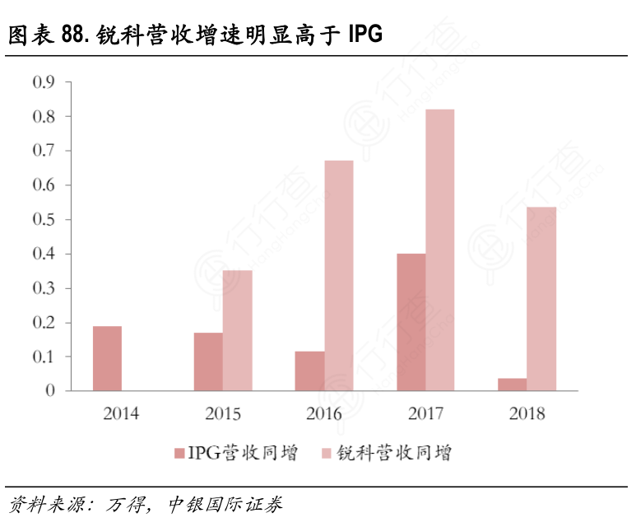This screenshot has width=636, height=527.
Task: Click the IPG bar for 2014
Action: (x=107, y=358)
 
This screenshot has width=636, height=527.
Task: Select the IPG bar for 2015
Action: (x=208, y=361)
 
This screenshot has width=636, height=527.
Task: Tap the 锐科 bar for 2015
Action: (x=238, y=330)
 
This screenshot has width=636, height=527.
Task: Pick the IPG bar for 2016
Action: (x=309, y=371)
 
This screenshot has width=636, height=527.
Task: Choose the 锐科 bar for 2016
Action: (x=338, y=275)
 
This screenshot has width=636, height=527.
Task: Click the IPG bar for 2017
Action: (x=411, y=322)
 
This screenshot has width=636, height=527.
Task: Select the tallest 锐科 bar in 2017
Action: (x=440, y=250)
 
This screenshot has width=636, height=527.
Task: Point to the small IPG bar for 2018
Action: (x=513, y=385)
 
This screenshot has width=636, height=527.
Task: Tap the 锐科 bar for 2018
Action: (x=541, y=298)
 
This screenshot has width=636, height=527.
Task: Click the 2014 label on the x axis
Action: (x=121, y=413)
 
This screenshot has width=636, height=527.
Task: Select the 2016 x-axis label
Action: (x=323, y=413)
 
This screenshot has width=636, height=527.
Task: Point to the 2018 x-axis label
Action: (x=527, y=413)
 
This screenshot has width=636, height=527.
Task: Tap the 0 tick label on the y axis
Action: (x=50, y=391)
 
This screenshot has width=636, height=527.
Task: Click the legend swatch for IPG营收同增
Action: (x=179, y=455)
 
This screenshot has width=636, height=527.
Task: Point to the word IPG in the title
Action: (x=364, y=35)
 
